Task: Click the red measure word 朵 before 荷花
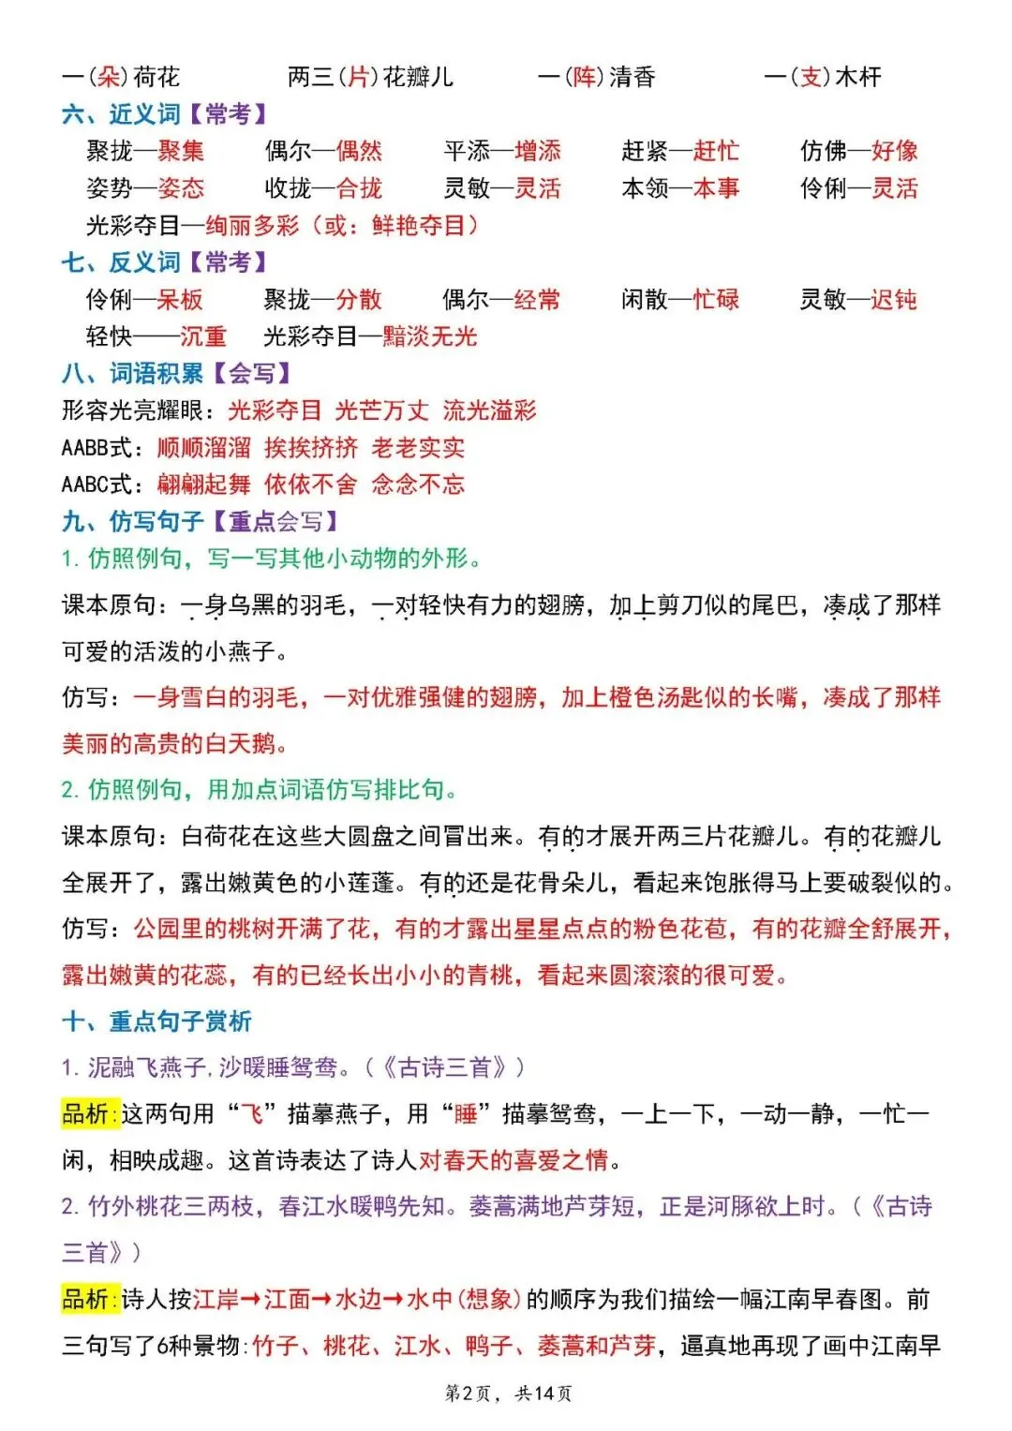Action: [111, 77]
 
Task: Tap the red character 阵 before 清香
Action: [586, 77]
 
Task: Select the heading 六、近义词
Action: [121, 114]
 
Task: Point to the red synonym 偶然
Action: [359, 151]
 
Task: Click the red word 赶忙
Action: [717, 151]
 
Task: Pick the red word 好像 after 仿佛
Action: [895, 151]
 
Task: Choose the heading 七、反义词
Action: [121, 262]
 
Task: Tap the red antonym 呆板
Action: [180, 300]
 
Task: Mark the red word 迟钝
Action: [894, 300]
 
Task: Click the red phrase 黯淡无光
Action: [430, 336]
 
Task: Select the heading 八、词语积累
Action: [132, 374]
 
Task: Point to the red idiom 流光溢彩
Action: [489, 410]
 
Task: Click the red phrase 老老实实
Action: [418, 448]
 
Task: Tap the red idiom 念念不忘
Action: [418, 484]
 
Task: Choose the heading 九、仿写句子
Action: [132, 521]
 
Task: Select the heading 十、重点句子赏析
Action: [156, 1021]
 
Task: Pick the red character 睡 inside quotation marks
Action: [466, 1114]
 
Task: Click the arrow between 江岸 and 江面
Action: [251, 1300]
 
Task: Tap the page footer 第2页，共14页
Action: [508, 1394]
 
